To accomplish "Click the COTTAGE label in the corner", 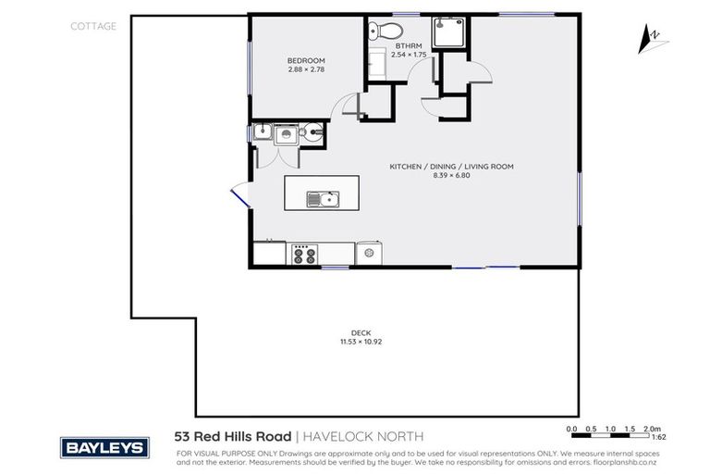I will coord(93,27).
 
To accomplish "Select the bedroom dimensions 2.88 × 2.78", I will coord(305,69).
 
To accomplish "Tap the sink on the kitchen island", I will coord(324,198).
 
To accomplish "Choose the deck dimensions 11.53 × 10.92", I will coord(361,343).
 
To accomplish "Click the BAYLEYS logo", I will coord(104,448).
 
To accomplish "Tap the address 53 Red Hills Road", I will coord(232,435).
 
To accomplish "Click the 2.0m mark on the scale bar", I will coord(653,430).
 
